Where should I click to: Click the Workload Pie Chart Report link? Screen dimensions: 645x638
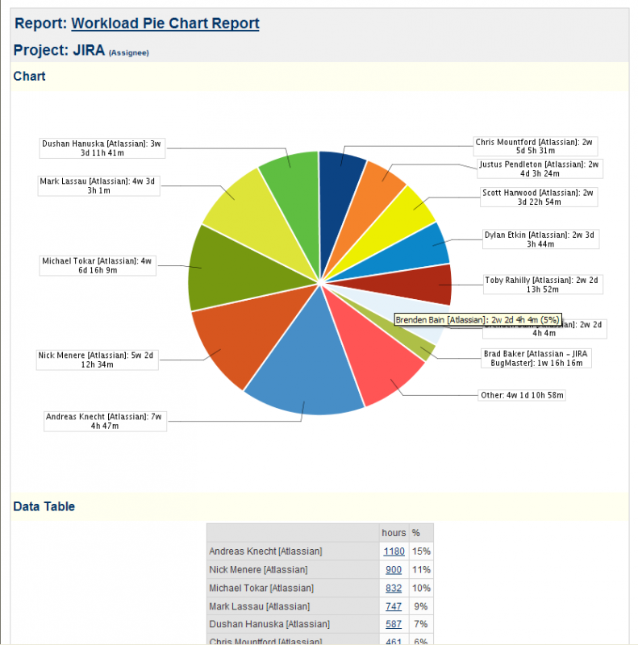click(x=165, y=23)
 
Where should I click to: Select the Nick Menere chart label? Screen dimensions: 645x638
click(x=96, y=360)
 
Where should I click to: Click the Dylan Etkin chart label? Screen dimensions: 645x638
click(x=541, y=239)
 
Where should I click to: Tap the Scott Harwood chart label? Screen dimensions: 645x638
click(x=538, y=198)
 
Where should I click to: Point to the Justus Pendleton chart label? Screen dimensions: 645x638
click(x=539, y=169)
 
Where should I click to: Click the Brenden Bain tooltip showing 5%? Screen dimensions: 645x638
click(x=477, y=320)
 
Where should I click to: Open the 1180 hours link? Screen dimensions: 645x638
click(x=394, y=551)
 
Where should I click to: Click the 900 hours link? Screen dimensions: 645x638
click(x=394, y=570)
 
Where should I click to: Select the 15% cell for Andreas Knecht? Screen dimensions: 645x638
click(x=421, y=551)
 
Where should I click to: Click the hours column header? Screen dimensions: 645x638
click(x=394, y=533)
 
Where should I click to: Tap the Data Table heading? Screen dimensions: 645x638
click(x=44, y=506)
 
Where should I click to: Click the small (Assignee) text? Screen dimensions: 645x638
click(x=129, y=53)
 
